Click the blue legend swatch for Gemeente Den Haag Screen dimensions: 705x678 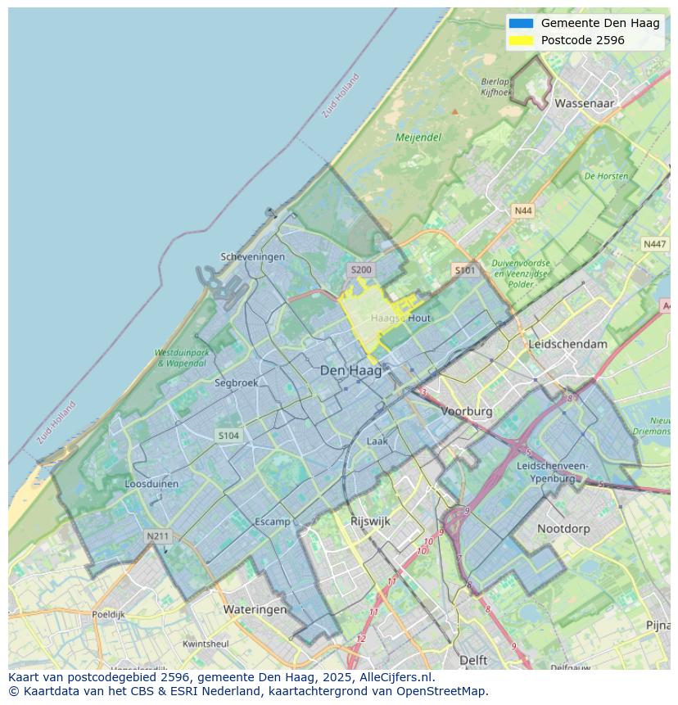coord(521,23)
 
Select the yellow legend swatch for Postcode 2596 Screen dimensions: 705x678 coord(521,40)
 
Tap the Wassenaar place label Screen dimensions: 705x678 coord(584,104)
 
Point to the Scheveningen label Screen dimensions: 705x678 coord(253,256)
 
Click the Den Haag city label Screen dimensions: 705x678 coord(350,371)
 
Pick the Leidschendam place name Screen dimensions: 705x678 coord(568,344)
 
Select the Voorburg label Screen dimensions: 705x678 coord(467,411)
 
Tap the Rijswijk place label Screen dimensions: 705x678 coord(370,521)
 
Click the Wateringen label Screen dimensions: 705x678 coord(255,609)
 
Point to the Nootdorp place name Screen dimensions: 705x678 coord(563,529)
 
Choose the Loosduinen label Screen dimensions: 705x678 coord(151,484)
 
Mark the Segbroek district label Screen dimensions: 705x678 coord(236,382)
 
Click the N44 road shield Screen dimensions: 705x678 coord(522,211)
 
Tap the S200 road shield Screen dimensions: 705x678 coord(360,269)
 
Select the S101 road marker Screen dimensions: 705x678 coord(464,269)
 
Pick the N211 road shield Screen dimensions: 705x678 coord(157,536)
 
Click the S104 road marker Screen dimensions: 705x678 coord(228,436)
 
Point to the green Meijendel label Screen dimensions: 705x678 coord(418,138)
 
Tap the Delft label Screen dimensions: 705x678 coord(473,660)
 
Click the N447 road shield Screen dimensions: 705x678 coord(654,244)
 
